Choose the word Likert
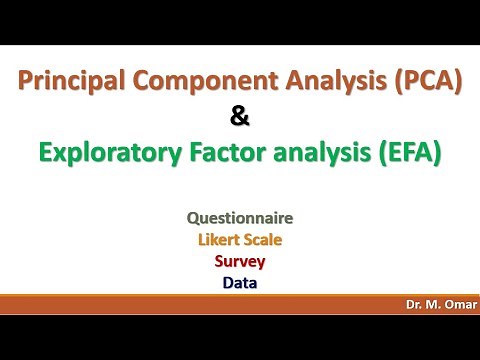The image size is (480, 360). pyautogui.click(x=218, y=240)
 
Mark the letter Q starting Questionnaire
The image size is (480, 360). pyautogui.click(x=192, y=217)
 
